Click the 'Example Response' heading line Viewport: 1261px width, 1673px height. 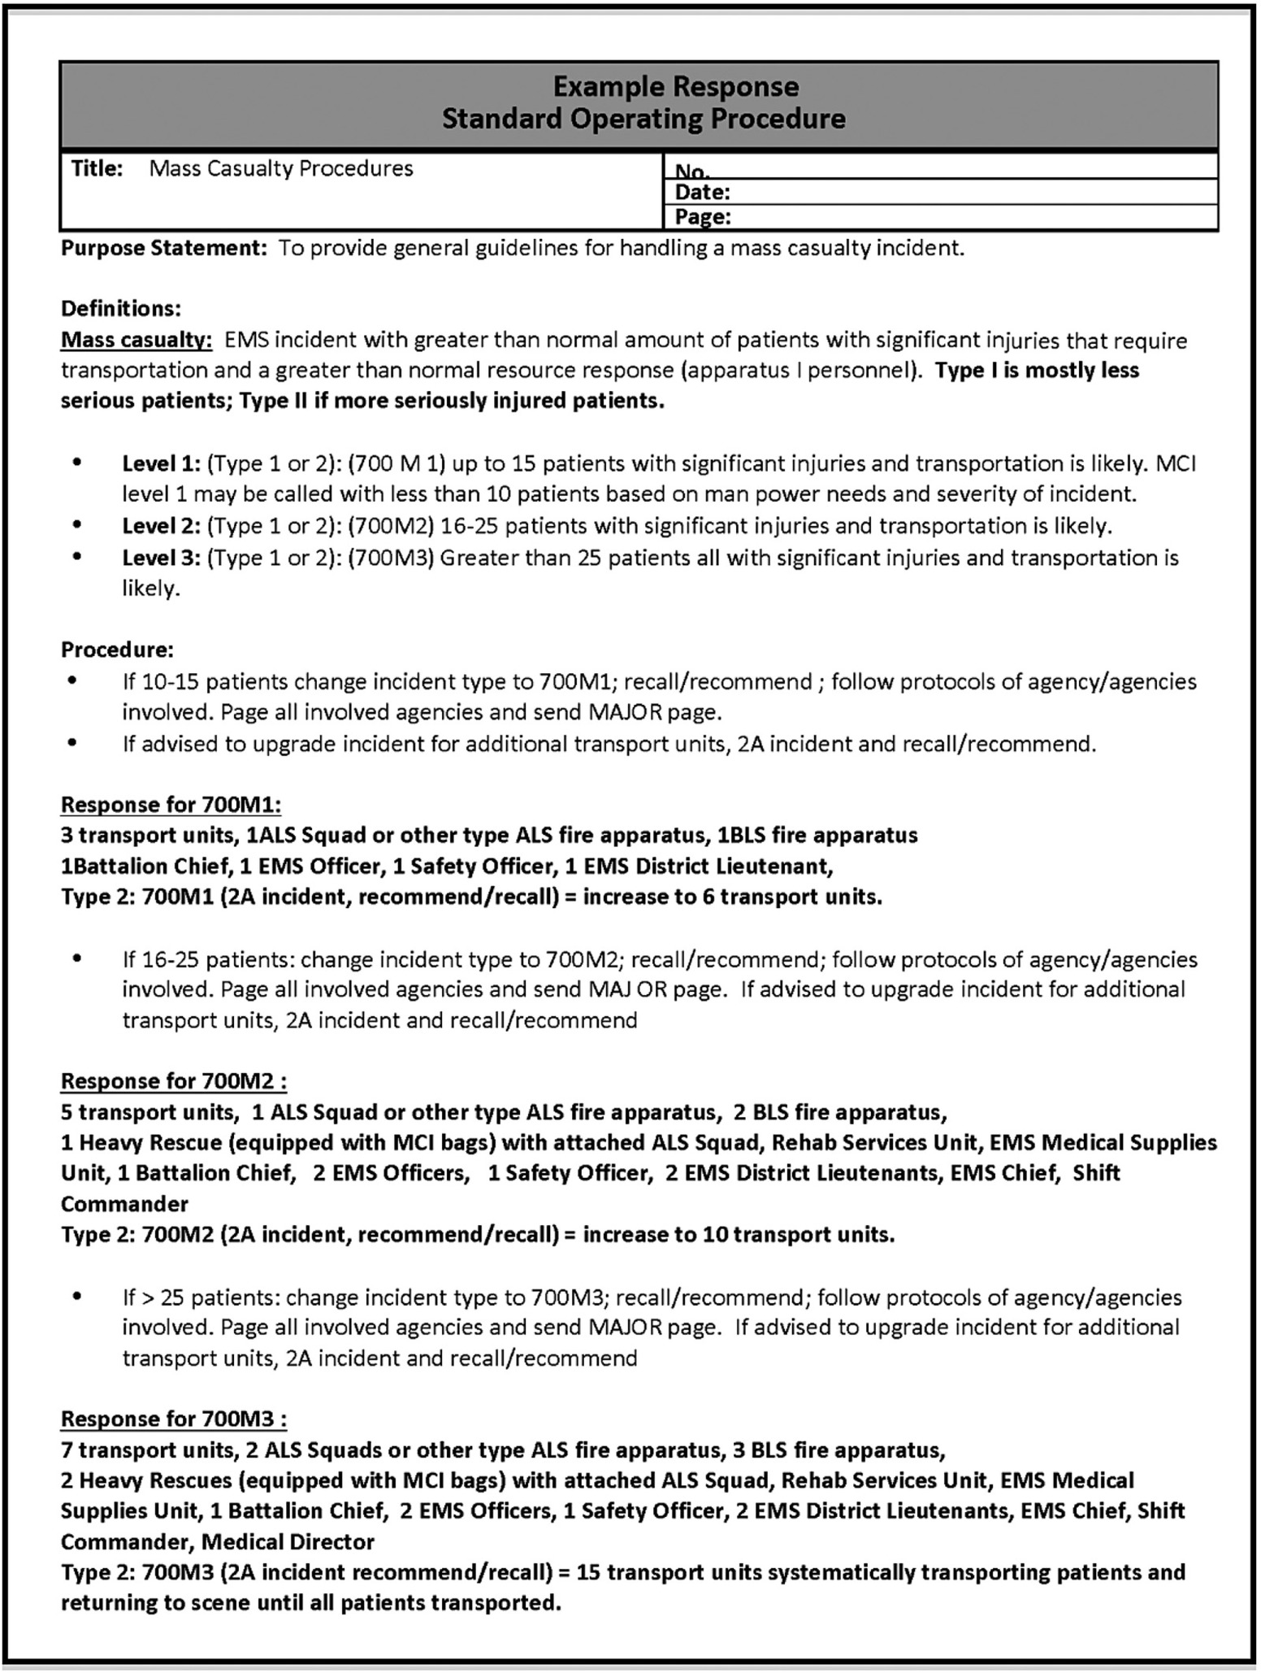point(675,86)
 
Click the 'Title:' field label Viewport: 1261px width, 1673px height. point(97,168)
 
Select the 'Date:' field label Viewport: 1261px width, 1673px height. point(702,193)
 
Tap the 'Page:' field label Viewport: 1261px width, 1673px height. point(703,217)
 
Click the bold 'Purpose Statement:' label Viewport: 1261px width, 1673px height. point(163,248)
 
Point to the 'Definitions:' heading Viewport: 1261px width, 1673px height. point(120,309)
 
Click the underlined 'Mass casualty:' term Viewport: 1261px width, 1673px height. point(136,340)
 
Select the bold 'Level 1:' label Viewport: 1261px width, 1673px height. point(161,463)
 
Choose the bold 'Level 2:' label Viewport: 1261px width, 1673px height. point(161,526)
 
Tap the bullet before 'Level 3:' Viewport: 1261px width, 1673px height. point(77,557)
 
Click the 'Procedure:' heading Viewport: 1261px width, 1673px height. point(117,650)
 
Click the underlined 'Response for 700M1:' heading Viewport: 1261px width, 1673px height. point(171,805)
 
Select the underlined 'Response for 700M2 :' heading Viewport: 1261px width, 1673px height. point(173,1081)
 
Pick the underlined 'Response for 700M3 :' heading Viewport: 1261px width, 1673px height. point(173,1419)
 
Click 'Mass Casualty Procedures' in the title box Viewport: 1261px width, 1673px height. point(281,168)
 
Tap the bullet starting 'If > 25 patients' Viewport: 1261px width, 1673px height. point(77,1296)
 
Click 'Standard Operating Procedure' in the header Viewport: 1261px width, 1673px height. point(643,119)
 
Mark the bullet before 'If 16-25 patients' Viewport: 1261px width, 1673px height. point(77,958)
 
